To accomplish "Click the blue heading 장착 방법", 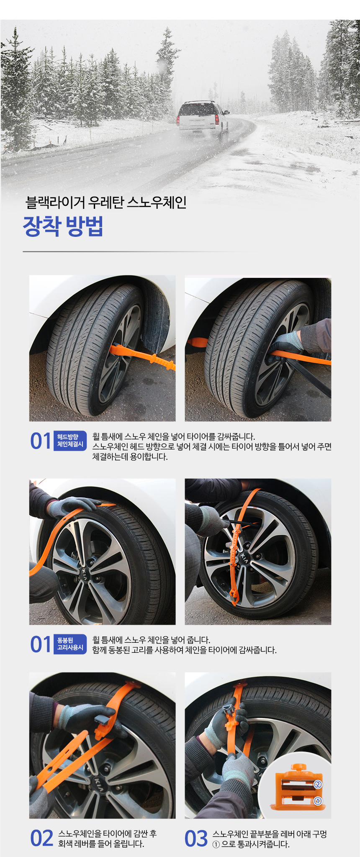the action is coord(63,226).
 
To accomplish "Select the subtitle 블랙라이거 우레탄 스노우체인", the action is coord(106,203).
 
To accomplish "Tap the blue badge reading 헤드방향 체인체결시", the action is coord(70,441).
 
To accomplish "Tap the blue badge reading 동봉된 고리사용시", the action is coord(70,644).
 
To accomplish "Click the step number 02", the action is coord(42,839).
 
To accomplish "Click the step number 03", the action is coord(196,839).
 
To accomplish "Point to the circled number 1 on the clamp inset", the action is coord(318,801).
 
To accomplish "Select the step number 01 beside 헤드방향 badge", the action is coord(41,441).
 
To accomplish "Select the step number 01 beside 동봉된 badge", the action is coord(41,644).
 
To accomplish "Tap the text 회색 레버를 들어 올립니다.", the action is coord(101,844).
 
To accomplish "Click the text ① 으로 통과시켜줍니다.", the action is coord(251,844).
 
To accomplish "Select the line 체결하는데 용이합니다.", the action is coord(130,457).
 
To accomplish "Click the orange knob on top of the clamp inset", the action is coord(299,767).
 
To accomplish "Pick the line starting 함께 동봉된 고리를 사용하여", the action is coord(184,650).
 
